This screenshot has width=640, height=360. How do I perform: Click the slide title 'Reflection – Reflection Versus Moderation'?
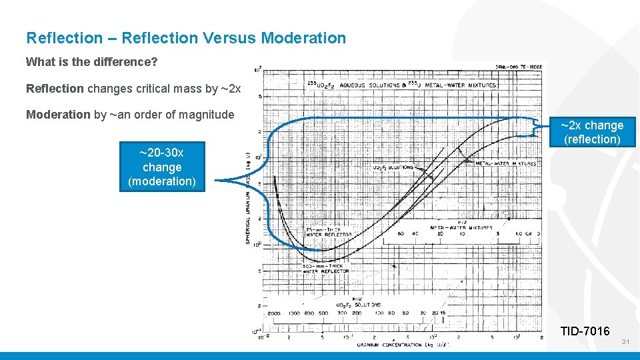tap(186, 38)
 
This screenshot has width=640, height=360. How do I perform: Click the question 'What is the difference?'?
tap(91, 62)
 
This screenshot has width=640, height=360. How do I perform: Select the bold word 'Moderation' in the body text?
tap(58, 115)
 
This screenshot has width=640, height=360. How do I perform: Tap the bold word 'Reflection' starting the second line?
tap(55, 89)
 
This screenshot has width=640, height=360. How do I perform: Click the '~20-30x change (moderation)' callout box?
tap(162, 167)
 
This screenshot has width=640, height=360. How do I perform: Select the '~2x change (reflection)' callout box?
tap(592, 132)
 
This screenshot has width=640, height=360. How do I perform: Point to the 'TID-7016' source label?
tap(585, 331)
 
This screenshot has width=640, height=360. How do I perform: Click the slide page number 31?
tap(625, 342)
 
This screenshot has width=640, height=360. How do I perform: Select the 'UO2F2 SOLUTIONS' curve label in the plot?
tap(393, 167)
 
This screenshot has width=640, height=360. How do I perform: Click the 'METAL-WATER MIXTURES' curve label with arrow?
tap(505, 163)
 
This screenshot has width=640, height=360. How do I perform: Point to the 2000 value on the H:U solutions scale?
tap(274, 313)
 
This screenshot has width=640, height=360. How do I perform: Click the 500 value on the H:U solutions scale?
tap(323, 313)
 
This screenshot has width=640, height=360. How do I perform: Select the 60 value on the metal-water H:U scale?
tap(401, 234)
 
